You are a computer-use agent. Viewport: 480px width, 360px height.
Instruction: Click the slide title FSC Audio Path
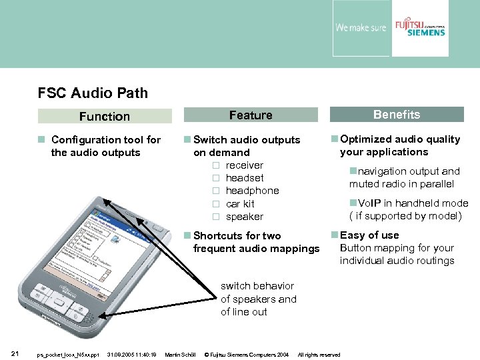93,93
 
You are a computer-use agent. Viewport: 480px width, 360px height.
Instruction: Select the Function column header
104,117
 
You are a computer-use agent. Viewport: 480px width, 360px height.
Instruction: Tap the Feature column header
251,115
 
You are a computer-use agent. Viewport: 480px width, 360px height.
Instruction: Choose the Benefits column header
397,115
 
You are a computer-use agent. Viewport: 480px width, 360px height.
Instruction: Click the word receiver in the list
244,165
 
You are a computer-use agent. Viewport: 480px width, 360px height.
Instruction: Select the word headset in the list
244,178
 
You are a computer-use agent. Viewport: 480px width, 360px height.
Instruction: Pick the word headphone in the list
252,191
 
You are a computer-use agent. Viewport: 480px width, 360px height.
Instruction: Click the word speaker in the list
244,217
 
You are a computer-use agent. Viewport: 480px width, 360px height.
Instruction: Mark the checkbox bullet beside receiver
215,165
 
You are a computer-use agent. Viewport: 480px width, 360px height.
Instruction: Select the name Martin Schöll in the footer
180,355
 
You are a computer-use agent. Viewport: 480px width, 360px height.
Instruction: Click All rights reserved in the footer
319,355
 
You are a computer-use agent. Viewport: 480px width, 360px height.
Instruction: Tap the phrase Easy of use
369,235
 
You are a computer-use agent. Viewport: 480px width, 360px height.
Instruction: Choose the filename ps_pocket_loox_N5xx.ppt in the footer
68,355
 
